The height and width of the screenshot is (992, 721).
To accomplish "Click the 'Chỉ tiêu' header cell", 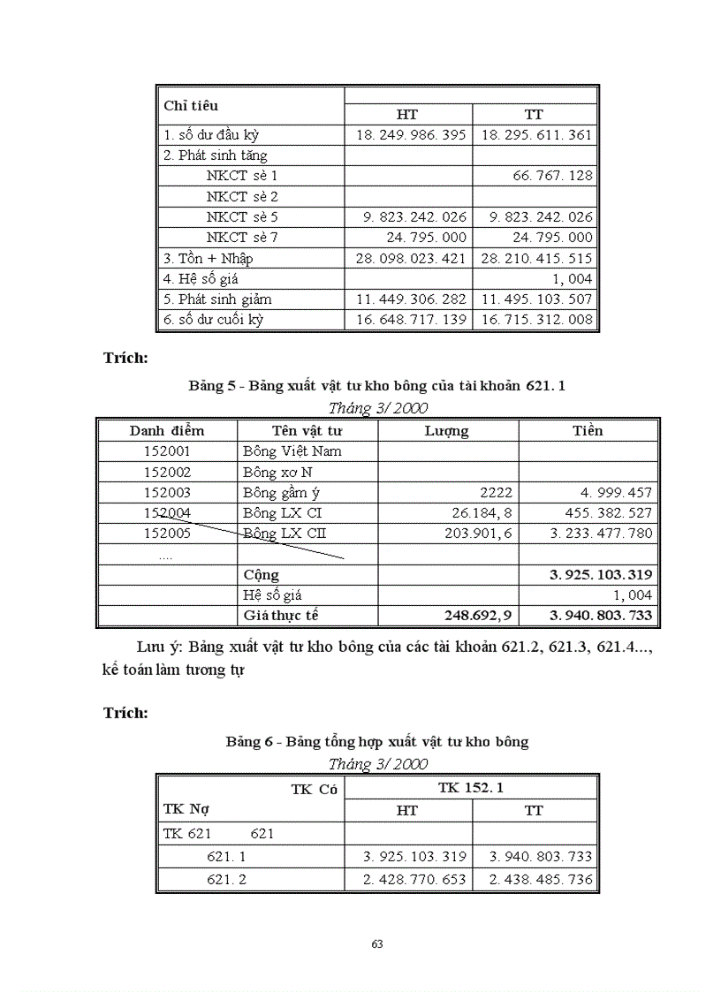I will pos(191,106).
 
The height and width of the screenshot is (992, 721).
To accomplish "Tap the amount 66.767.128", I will pos(552,176).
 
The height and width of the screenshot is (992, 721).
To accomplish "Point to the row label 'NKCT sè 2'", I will pos(242,196).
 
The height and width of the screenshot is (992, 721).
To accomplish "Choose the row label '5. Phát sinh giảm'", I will pos(217,299).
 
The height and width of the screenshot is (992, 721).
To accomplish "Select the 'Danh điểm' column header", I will pos(167,430).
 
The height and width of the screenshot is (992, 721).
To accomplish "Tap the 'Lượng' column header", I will pos(447,431).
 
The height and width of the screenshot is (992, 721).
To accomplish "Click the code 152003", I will pos(167,492).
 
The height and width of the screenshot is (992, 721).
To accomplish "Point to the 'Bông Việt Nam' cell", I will pos(292,451).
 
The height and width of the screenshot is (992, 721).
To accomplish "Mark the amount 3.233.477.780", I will pos(597,534).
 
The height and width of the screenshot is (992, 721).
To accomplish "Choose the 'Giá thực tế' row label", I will pos(282,615).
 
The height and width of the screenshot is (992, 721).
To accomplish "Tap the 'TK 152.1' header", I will pos(471,787).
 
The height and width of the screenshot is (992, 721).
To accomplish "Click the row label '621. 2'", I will pos(226,880).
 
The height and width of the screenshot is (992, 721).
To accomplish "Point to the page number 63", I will pos(377,943).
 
